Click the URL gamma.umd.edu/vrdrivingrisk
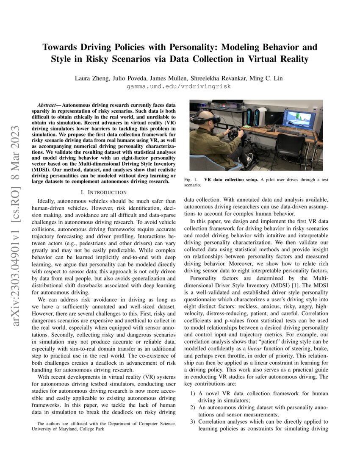pyautogui.click(x=180, y=86)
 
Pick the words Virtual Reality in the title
pyautogui.click(x=279, y=59)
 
